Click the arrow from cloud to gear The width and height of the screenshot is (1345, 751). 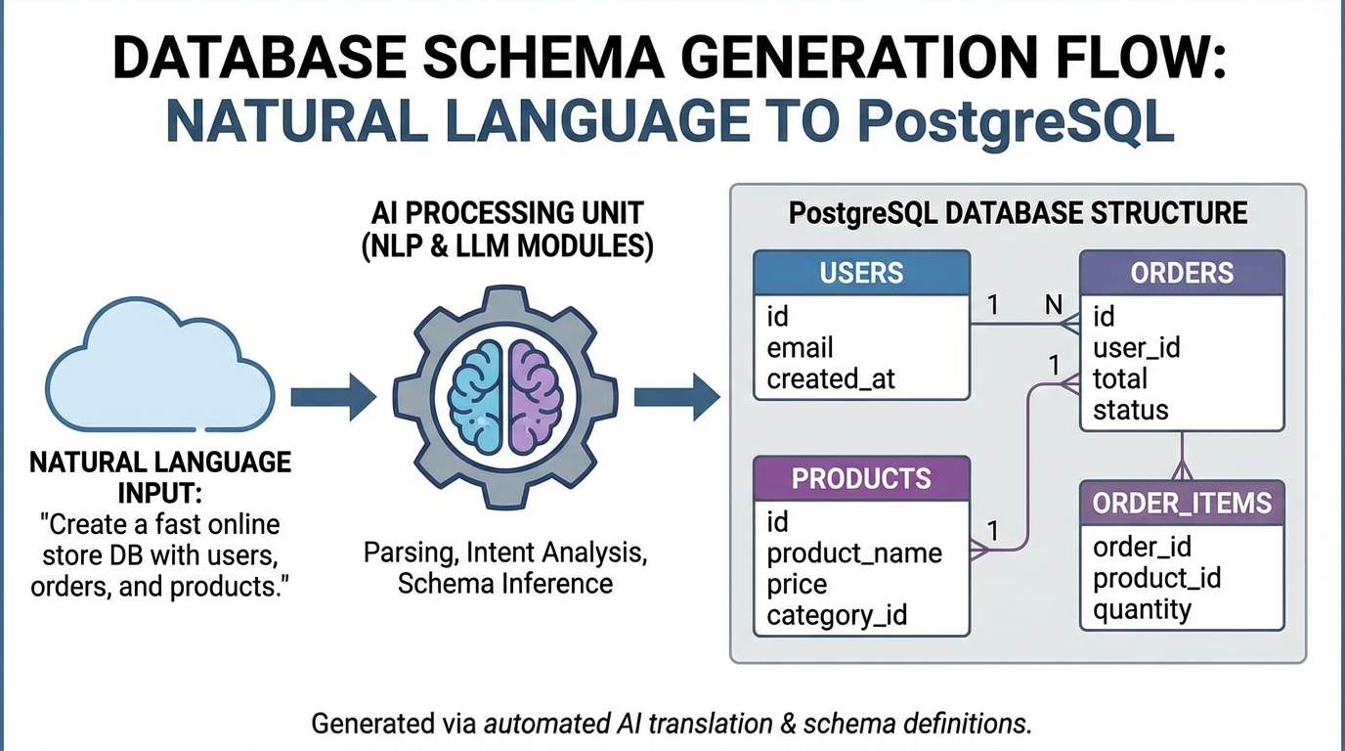pyautogui.click(x=332, y=397)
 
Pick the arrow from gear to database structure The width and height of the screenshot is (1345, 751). pyautogui.click(x=676, y=397)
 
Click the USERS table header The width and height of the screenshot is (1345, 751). pyautogui.click(x=861, y=273)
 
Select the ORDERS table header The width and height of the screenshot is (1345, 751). pyautogui.click(x=1181, y=273)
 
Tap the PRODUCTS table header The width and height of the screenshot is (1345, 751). pyautogui.click(x=861, y=479)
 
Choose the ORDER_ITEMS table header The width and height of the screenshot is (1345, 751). pyautogui.click(x=1181, y=503)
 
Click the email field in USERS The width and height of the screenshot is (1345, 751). pyautogui.click(x=800, y=348)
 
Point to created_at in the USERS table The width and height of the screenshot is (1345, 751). pyautogui.click(x=830, y=379)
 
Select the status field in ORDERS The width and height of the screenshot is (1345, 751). pyautogui.click(x=1130, y=410)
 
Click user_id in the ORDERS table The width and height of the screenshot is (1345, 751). pyautogui.click(x=1136, y=347)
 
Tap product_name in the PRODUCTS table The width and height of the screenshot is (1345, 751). pyautogui.click(x=853, y=553)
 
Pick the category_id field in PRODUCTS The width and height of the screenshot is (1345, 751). pyautogui.click(x=837, y=615)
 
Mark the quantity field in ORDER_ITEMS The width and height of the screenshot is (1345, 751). pyautogui.click(x=1142, y=610)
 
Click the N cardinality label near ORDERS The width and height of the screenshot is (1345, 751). pyautogui.click(x=1053, y=305)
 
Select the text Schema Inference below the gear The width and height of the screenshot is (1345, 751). pyautogui.click(x=504, y=584)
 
